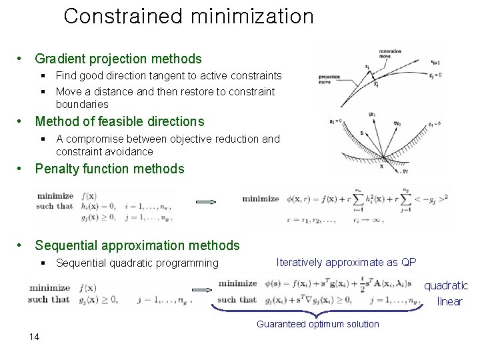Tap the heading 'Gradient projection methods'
118,60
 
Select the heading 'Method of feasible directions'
119,121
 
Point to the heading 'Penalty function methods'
109,169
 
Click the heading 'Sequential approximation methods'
137,245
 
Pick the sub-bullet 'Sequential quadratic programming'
137,263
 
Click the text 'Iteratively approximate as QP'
345,262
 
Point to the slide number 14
35,336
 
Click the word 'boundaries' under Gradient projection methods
82,104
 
